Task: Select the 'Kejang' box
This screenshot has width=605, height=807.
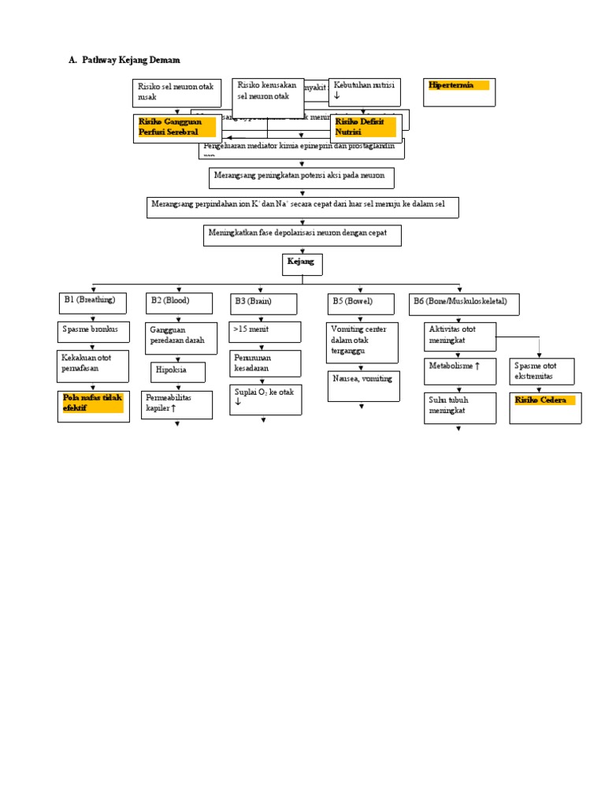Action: pyautogui.click(x=302, y=265)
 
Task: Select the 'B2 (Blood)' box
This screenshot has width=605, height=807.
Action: pyautogui.click(x=179, y=303)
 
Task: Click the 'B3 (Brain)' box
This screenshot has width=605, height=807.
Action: pyautogui.click(x=264, y=304)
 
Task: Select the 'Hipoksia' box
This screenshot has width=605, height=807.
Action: pyautogui.click(x=178, y=372)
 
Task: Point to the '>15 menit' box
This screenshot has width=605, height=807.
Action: pyautogui.click(x=265, y=332)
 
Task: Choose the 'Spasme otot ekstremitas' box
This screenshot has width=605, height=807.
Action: pyautogui.click(x=541, y=371)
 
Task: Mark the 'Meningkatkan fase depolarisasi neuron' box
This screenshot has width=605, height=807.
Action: pyautogui.click(x=302, y=235)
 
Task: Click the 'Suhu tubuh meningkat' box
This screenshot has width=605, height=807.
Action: pyautogui.click(x=460, y=407)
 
